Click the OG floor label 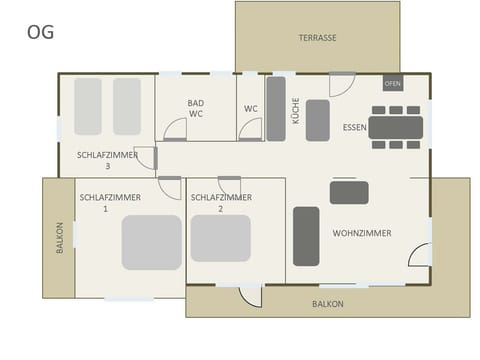coord(40,32)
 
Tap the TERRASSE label coord(317,38)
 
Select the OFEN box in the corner coord(393,83)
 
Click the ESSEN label coord(354,128)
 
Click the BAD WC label coord(196,108)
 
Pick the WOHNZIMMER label coord(362,233)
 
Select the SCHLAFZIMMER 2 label coord(221,203)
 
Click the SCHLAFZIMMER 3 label coord(107,160)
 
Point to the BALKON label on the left coord(59,238)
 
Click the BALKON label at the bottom coord(327,303)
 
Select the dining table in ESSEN coord(395,127)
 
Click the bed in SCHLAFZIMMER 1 coord(152,242)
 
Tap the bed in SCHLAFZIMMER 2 coord(220,239)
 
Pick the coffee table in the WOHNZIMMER coord(349,192)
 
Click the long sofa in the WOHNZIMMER coord(306,236)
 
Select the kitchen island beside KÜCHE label coord(318,120)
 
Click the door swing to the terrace coord(342,84)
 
